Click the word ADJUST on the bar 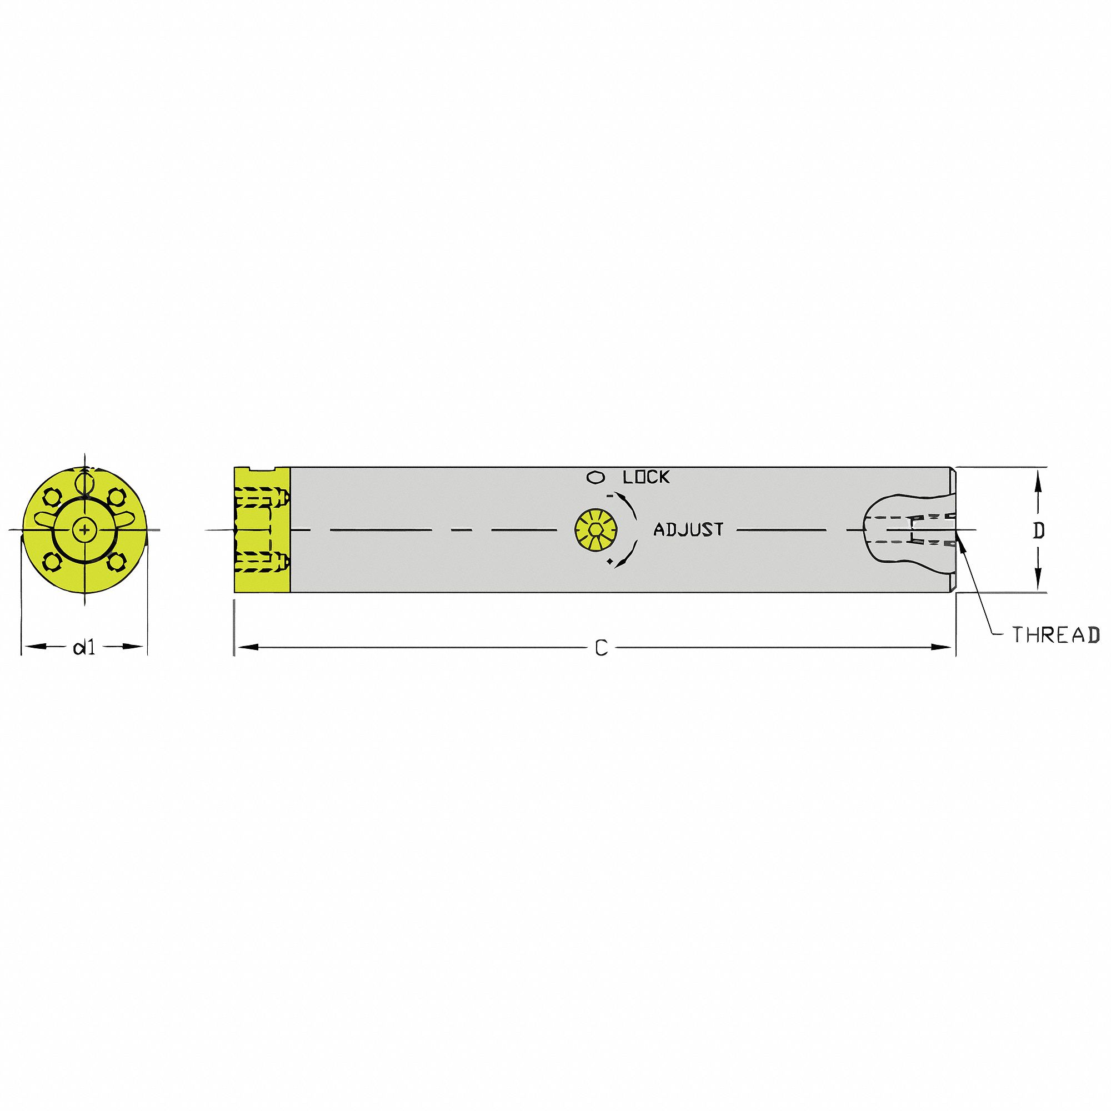pyautogui.click(x=688, y=529)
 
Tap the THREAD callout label pyautogui.click(x=1055, y=635)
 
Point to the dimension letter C pyautogui.click(x=601, y=649)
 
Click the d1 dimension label pyautogui.click(x=84, y=648)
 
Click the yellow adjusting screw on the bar pyautogui.click(x=597, y=529)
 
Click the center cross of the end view pyautogui.click(x=84, y=529)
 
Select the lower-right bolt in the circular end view pyautogui.click(x=117, y=561)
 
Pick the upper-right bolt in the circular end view pyautogui.click(x=117, y=497)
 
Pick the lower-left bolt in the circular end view pyautogui.click(x=53, y=561)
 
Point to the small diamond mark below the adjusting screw pyautogui.click(x=609, y=560)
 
